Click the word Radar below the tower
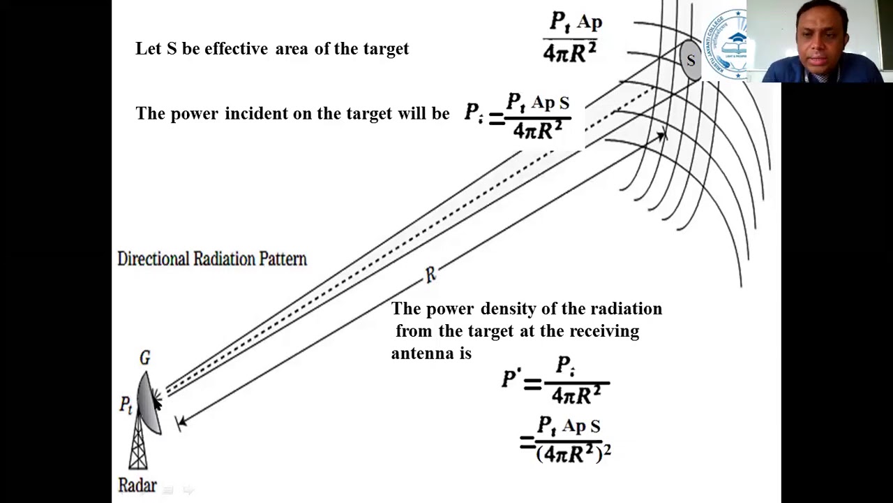pyautogui.click(x=137, y=485)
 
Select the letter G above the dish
pyautogui.click(x=144, y=358)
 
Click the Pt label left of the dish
pyautogui.click(x=126, y=404)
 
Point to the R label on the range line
pyautogui.click(x=430, y=275)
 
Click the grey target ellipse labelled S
pyautogui.click(x=690, y=60)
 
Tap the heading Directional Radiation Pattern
pyautogui.click(x=212, y=259)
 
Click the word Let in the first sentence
pyautogui.click(x=148, y=49)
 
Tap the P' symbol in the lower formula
pyautogui.click(x=511, y=379)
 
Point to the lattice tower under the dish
pyautogui.click(x=138, y=447)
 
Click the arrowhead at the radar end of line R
pyautogui.click(x=181, y=421)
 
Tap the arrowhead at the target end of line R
pyautogui.click(x=660, y=136)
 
